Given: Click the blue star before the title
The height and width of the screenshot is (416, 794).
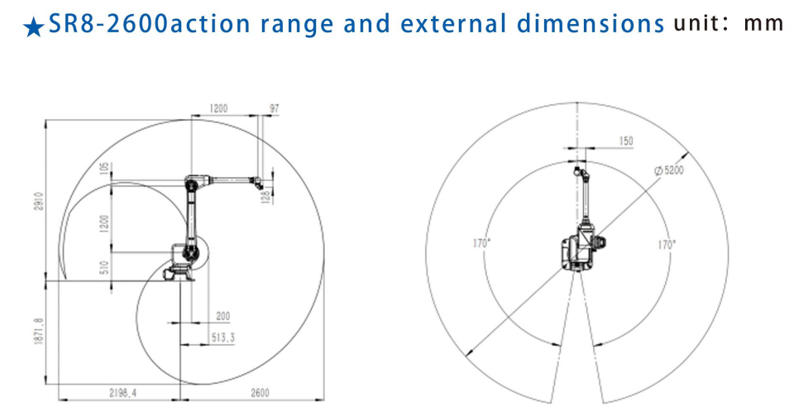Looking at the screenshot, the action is click(x=33, y=27).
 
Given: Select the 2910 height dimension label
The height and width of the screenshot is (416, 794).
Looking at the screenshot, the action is click(x=40, y=201).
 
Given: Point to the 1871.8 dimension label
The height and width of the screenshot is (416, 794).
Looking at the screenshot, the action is click(x=39, y=332).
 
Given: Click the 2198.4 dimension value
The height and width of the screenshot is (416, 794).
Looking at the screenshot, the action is click(x=123, y=392).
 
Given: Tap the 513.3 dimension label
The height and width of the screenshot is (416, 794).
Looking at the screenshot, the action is click(x=222, y=337).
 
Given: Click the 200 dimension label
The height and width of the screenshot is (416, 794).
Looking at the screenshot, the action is click(x=222, y=316).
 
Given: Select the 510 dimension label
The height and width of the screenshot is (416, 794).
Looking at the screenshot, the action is click(x=104, y=267).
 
